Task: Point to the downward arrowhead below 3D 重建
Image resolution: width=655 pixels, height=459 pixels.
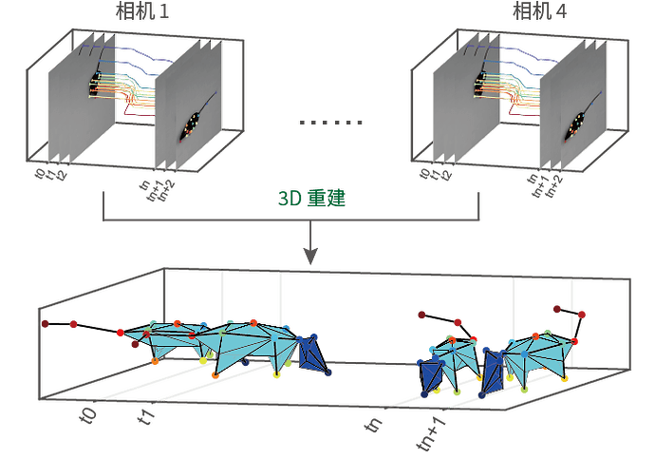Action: pyautogui.click(x=310, y=257)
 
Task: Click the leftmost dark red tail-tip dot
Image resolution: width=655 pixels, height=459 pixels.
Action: pyautogui.click(x=45, y=325)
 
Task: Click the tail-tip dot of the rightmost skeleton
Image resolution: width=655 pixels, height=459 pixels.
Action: pyautogui.click(x=582, y=314)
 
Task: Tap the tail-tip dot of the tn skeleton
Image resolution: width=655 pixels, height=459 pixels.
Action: pyautogui.click(x=422, y=314)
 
